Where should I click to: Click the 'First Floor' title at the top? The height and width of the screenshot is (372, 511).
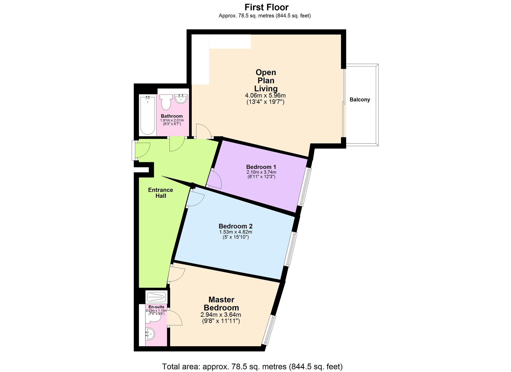(x=266, y=7)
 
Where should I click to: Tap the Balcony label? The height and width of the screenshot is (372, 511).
(x=360, y=100)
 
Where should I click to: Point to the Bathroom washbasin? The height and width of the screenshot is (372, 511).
(x=181, y=98)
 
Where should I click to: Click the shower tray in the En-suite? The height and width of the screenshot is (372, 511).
(x=157, y=297)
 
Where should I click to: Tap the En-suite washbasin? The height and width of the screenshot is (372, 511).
(x=150, y=334)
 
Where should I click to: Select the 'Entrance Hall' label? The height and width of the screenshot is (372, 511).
(x=161, y=193)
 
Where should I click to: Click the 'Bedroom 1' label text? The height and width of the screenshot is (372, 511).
(x=261, y=167)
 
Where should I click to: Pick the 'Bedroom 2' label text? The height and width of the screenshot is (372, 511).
(x=236, y=226)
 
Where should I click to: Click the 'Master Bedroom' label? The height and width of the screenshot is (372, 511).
(x=221, y=303)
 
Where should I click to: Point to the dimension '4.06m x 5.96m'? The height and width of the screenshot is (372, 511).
(x=265, y=96)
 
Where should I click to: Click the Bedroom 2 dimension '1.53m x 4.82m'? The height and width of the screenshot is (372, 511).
(x=236, y=232)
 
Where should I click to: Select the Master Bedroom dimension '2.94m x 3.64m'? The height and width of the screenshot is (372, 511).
(x=221, y=315)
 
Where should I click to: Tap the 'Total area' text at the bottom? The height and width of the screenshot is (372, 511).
(x=252, y=367)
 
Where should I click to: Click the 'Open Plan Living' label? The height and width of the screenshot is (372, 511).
(x=266, y=80)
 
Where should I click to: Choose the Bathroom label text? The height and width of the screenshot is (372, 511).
(x=172, y=116)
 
